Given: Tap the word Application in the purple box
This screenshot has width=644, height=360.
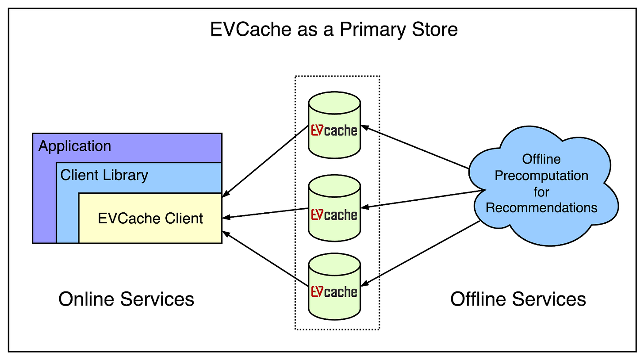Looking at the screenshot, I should coord(75,146).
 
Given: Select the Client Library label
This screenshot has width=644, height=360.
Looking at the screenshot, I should coord(104,175).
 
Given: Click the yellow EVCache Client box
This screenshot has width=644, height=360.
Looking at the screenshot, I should coord(150,218).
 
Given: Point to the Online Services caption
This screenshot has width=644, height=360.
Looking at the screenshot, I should coord(126,299).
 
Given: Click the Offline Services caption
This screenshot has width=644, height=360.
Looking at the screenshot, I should coord(518,299).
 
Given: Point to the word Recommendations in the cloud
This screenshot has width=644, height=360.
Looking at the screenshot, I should coord(542,207).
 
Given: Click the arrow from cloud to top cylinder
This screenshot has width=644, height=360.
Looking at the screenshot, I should coord(416,148).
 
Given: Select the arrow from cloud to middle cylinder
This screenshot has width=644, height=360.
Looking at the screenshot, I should coord(420,199).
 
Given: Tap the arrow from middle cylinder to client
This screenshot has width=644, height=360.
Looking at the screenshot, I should coord(265,213).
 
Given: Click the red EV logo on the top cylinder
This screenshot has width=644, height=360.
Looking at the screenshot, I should coord(317,131).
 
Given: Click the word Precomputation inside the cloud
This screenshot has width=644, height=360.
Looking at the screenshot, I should coord(541,176).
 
